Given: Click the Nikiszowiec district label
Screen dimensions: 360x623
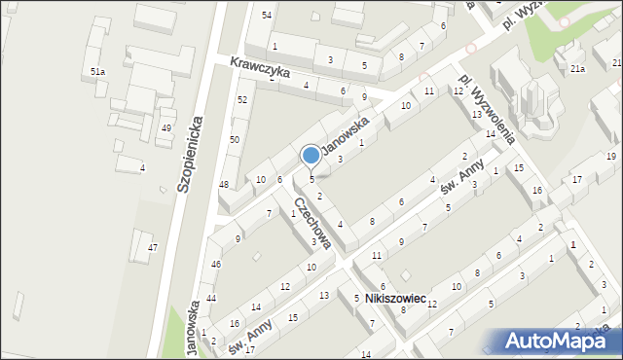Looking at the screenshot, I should (396, 299).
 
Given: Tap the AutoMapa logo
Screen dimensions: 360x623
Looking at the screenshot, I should (555, 341).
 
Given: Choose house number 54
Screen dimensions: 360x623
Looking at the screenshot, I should (267, 15).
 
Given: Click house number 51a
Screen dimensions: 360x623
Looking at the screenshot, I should (97, 72).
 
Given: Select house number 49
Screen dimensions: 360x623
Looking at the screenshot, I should (166, 128).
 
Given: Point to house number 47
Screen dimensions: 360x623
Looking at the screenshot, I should (152, 248).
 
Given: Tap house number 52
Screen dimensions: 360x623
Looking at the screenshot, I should (242, 100).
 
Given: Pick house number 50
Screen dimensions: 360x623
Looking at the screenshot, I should (235, 140).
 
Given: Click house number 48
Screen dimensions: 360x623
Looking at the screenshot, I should (224, 185).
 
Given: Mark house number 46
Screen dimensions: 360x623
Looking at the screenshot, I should (216, 265).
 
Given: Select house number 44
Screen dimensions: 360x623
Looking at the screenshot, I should (211, 298).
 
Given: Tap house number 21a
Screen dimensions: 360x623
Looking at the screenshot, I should (577, 68).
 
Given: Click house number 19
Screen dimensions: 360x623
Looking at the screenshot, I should (610, 156).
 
